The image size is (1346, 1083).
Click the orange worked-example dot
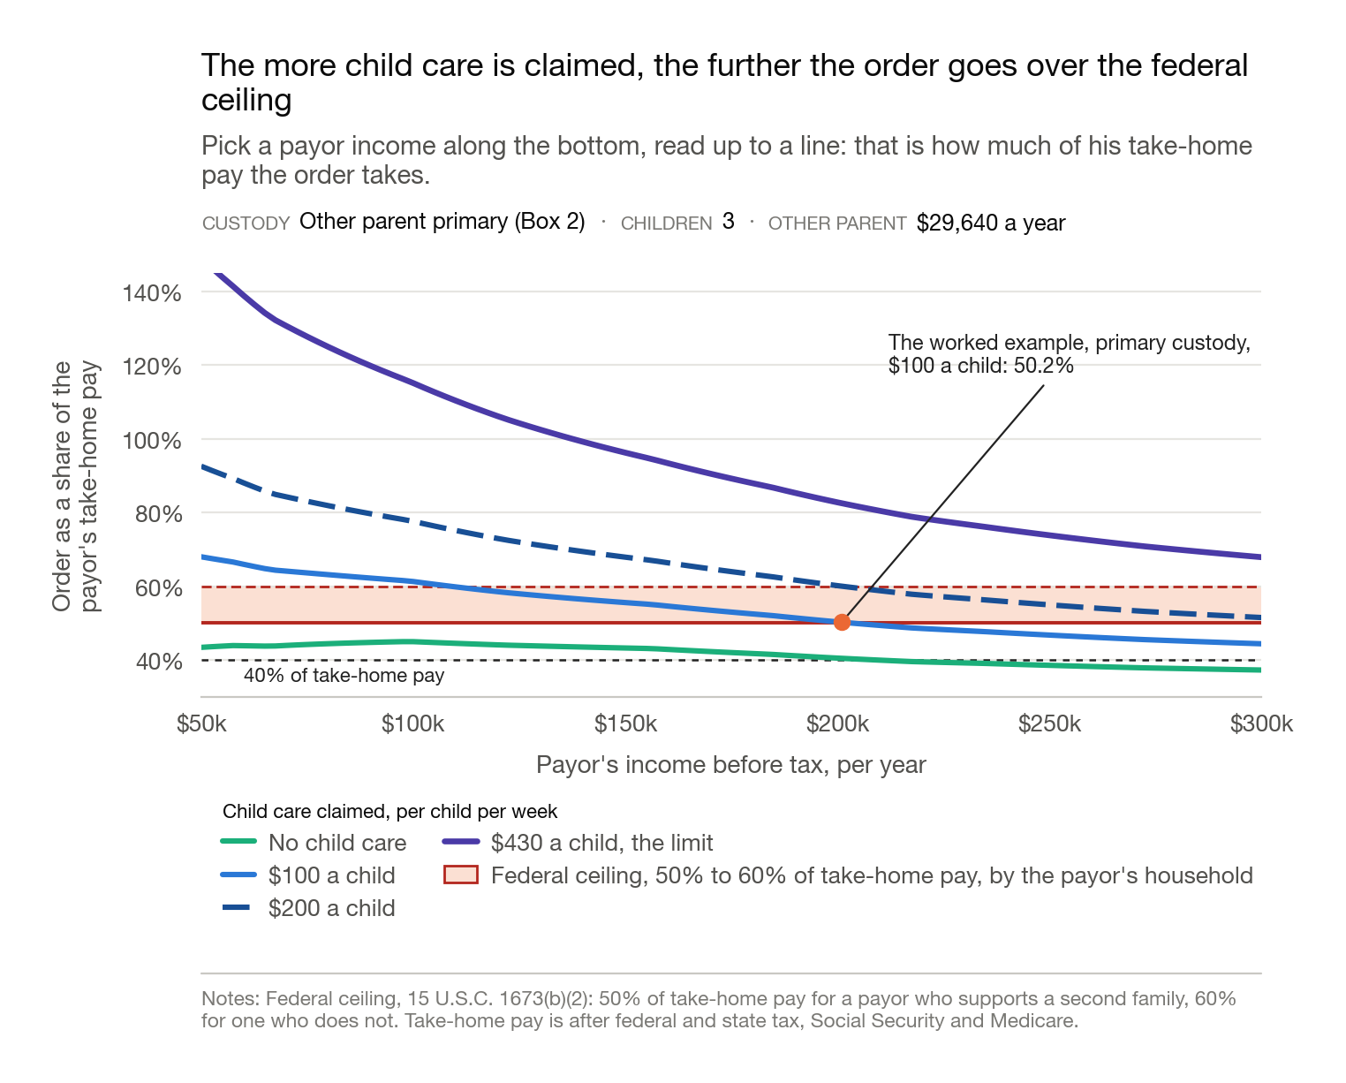[x=842, y=623]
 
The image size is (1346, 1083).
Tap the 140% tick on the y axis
[x=151, y=292]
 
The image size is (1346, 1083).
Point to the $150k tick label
[x=625, y=723]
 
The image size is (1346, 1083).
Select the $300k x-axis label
[x=1261, y=723]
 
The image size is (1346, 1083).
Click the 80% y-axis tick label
[x=158, y=514]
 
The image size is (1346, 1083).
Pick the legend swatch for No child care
[x=238, y=842]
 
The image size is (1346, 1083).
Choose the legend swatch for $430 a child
[x=461, y=842]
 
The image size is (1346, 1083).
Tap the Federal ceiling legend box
[x=461, y=875]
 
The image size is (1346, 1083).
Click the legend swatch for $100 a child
[x=238, y=875]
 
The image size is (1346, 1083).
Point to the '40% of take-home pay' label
[x=344, y=676]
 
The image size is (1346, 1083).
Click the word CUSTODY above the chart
[x=246, y=223]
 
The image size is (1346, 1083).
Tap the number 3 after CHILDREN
[x=728, y=222]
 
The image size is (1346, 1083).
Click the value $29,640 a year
[x=991, y=223]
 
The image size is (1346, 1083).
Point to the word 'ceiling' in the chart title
[x=246, y=101]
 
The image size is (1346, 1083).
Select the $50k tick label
[x=201, y=723]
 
